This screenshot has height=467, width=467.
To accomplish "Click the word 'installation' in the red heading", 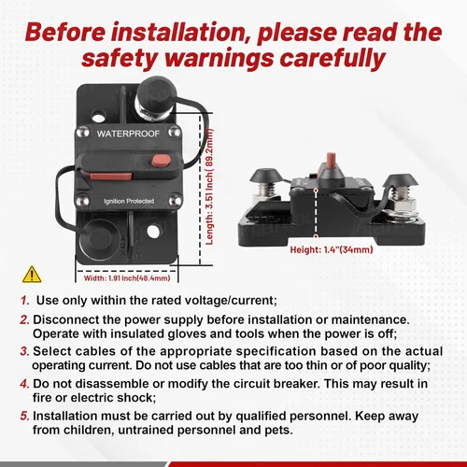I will coord(186,32).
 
